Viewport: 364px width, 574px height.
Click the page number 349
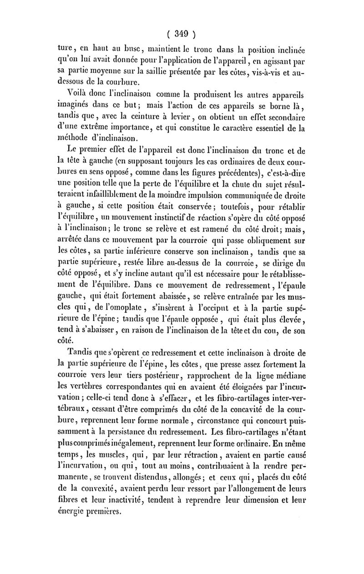click(x=182, y=33)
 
